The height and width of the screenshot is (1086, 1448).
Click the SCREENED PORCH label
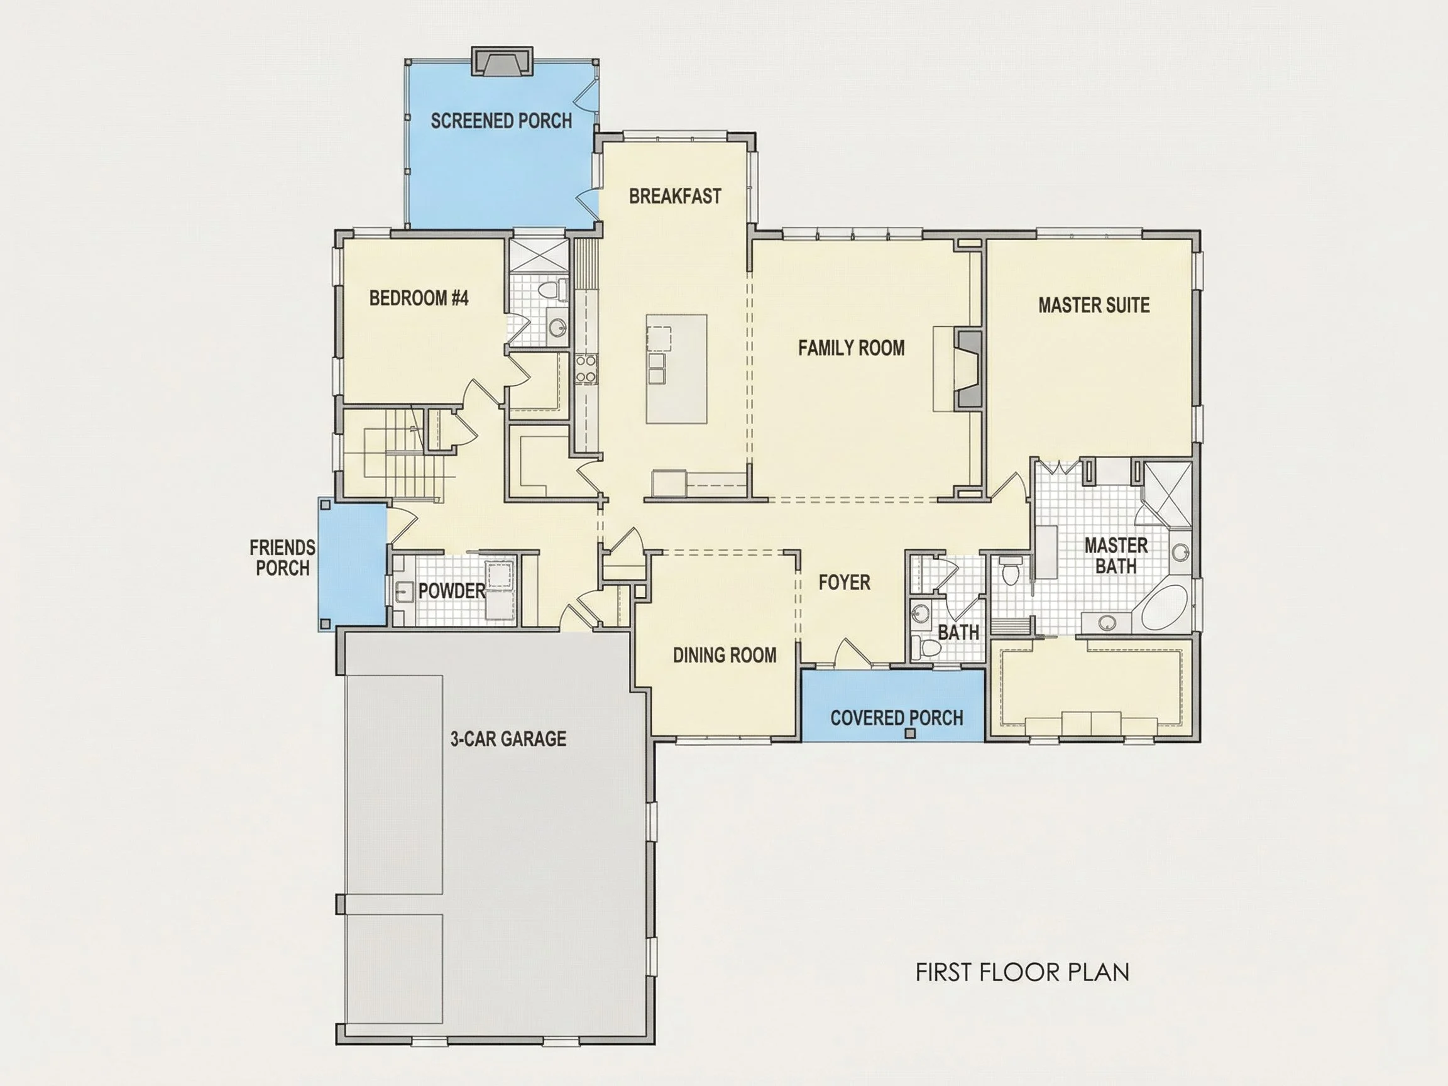click(501, 121)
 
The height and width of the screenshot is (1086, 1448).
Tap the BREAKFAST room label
click(675, 195)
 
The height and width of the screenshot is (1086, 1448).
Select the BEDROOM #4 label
click(419, 298)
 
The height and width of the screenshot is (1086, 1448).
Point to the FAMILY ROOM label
click(851, 348)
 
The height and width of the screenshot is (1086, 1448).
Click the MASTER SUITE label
click(1094, 305)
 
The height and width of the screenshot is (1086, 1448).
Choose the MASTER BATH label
click(1116, 556)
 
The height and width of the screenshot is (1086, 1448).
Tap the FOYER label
click(845, 582)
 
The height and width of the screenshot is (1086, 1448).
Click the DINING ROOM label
click(725, 655)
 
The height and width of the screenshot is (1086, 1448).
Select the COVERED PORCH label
click(897, 718)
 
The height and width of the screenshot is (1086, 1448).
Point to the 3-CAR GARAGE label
click(508, 738)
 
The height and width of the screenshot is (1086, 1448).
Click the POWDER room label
click(452, 591)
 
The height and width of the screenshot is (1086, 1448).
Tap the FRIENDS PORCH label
click(282, 557)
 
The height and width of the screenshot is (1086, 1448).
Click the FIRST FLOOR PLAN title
click(1023, 972)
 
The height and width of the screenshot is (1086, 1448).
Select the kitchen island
click(676, 368)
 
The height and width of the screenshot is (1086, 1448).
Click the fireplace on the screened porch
click(502, 60)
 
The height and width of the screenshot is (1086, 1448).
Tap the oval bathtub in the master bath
click(1165, 608)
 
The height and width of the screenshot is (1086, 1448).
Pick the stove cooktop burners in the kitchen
click(586, 368)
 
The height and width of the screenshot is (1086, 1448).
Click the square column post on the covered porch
click(910, 734)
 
